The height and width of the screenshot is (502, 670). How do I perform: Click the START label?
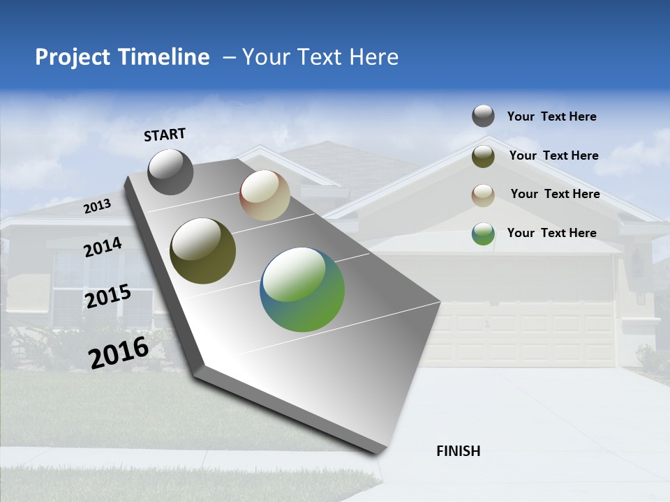(165, 135)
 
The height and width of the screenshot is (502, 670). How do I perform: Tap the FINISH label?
(458, 451)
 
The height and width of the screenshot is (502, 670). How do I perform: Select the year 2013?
(97, 206)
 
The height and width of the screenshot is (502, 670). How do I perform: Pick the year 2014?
(103, 248)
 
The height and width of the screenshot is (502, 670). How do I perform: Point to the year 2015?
(108, 296)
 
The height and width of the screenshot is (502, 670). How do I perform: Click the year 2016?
(119, 353)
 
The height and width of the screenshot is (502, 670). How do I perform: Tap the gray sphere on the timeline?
(170, 172)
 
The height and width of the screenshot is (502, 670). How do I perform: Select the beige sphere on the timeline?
(265, 196)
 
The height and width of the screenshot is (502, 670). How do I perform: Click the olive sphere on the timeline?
(202, 251)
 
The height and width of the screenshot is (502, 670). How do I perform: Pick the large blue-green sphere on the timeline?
(302, 289)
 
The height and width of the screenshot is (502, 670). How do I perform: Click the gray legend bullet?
(483, 116)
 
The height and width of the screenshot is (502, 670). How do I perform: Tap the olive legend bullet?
(483, 156)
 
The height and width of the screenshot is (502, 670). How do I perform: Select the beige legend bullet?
(483, 195)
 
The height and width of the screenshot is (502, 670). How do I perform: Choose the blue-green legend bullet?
(483, 234)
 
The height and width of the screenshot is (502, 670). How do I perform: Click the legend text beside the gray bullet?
(551, 117)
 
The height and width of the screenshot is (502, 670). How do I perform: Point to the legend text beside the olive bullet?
(553, 155)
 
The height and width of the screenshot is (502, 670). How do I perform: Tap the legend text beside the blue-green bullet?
(551, 233)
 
